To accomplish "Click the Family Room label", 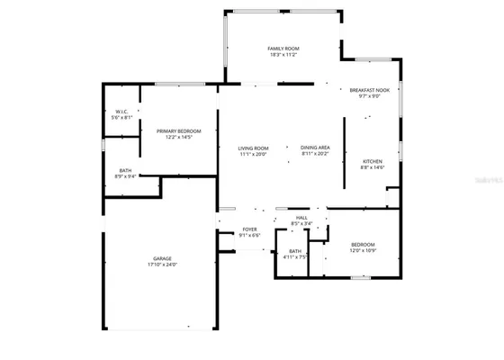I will coord(283,48).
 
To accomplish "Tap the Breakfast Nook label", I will coord(371,90).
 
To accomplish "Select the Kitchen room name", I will coord(373,161).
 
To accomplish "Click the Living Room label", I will coord(254,148).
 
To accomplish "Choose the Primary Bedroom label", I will coord(179,131).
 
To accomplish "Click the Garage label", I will coord(162,258).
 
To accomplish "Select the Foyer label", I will coord(249,229).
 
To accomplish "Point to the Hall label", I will coord(301,218).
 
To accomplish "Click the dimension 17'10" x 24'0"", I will coord(162,265).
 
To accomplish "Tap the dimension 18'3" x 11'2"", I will coord(283,54).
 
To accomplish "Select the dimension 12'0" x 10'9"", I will coord(363,249).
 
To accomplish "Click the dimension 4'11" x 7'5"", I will coord(295,256).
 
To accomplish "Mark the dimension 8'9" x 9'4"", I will coord(125,176).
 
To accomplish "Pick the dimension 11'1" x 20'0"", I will coord(254,154).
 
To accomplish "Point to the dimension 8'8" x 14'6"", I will coord(373,167).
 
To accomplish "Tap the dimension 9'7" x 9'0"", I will coord(371,96).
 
